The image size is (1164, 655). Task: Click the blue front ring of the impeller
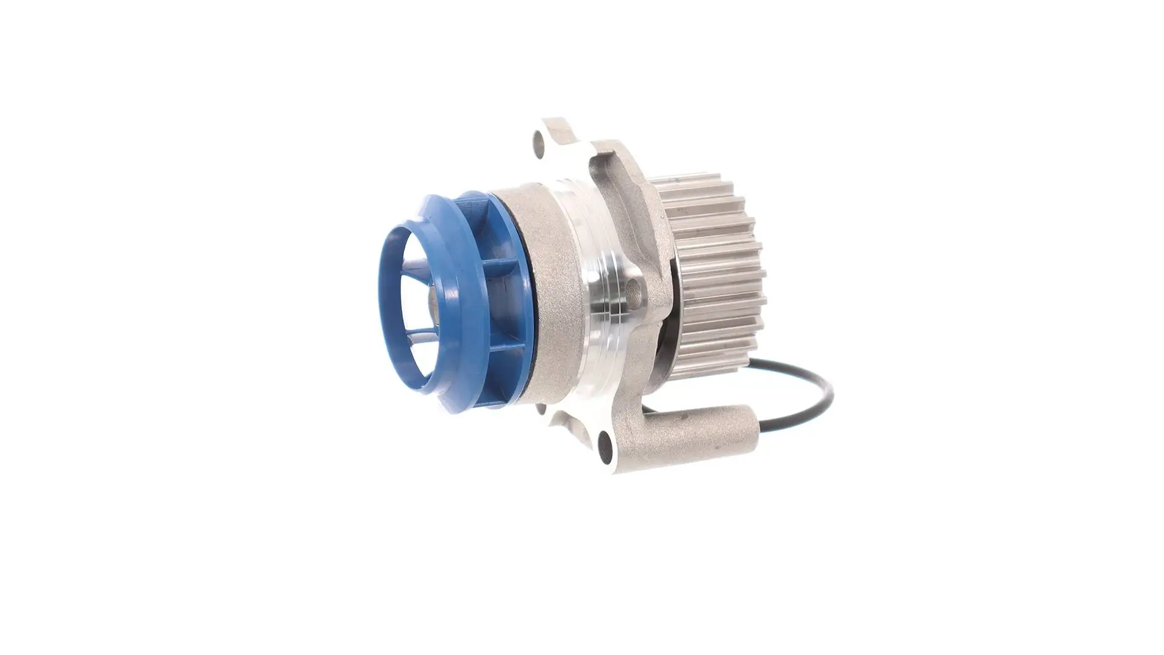(x=388, y=303)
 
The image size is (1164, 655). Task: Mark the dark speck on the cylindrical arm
(x=683, y=418)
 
